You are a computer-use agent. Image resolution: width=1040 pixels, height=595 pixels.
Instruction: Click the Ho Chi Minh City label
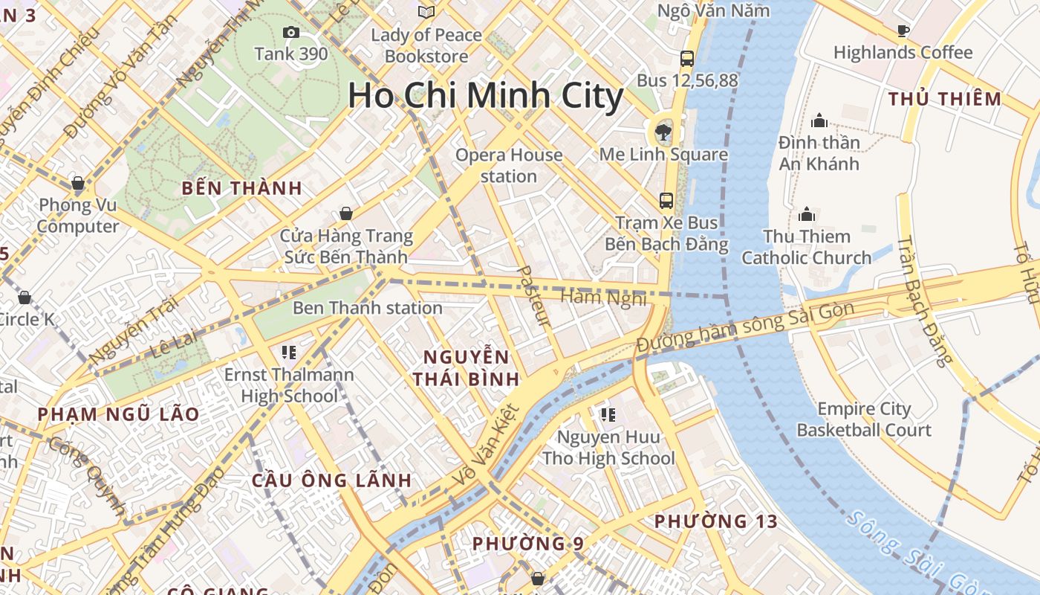[x=486, y=97]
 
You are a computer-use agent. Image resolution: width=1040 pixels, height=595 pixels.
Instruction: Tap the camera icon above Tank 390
[x=291, y=32]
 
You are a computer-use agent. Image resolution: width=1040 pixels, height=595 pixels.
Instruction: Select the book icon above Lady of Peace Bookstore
[x=426, y=12]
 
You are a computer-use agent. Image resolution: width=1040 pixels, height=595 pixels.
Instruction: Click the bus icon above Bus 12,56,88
[x=687, y=58]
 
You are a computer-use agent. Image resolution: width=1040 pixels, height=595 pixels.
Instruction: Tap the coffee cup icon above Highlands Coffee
[x=903, y=30]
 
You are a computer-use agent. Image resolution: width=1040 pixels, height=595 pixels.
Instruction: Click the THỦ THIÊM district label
[x=945, y=99]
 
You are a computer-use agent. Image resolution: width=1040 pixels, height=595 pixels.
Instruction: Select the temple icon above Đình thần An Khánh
[x=819, y=120]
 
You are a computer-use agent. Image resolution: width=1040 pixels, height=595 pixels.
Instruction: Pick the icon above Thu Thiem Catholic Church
[x=807, y=215]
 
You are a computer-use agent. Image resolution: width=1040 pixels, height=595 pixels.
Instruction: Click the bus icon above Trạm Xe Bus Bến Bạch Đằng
[x=666, y=200]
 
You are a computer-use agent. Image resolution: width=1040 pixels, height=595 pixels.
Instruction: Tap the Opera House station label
[x=509, y=165]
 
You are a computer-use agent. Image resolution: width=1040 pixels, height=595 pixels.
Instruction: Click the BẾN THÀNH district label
[x=242, y=188]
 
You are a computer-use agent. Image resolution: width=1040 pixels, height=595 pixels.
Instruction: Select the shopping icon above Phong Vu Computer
[x=77, y=183]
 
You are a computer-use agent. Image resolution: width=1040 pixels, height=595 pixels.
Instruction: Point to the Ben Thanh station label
[x=368, y=308]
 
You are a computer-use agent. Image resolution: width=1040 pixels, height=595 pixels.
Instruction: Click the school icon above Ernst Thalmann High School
[x=289, y=352]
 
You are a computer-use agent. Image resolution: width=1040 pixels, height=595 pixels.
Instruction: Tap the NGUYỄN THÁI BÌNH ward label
[x=467, y=367]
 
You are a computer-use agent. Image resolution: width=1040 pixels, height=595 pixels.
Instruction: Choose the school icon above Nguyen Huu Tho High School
[x=608, y=414]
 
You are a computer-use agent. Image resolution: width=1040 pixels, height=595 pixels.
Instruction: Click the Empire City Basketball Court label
[x=864, y=419]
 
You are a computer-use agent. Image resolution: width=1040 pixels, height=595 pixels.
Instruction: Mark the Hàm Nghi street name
[x=603, y=297]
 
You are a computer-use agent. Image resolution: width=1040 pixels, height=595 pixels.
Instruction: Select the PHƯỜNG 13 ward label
[x=716, y=521]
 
